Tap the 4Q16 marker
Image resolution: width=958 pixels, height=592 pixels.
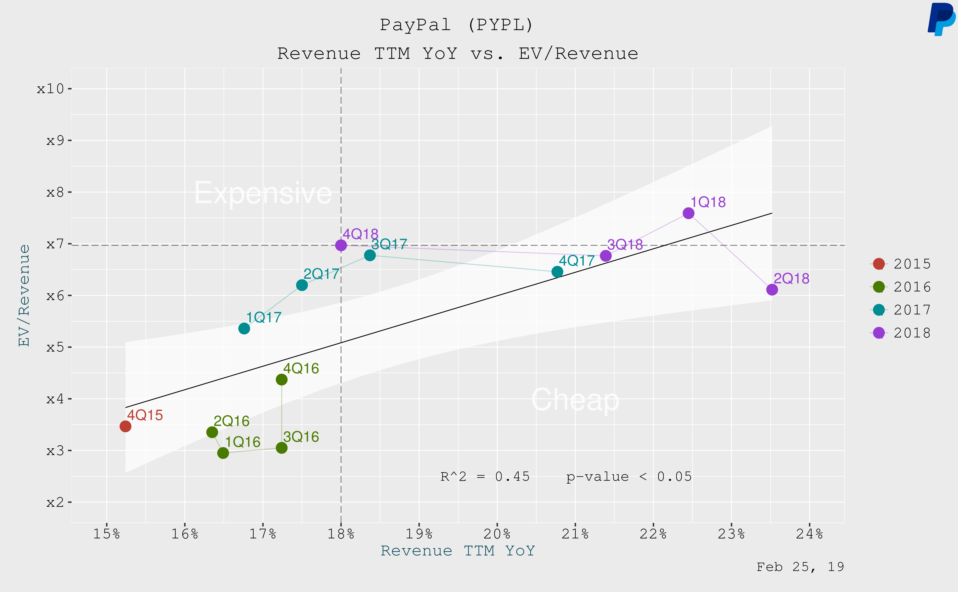281,379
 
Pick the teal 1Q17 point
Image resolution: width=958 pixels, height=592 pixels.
244,329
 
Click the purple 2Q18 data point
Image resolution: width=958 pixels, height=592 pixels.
772,290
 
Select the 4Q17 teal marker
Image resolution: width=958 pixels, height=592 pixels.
557,272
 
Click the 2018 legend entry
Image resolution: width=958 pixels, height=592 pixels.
901,333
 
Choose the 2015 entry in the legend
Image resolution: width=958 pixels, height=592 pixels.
901,264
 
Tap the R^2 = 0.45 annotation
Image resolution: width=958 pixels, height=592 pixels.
485,476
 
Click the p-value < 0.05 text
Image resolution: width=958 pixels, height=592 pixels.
629,476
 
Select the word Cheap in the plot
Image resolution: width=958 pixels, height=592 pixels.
575,400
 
